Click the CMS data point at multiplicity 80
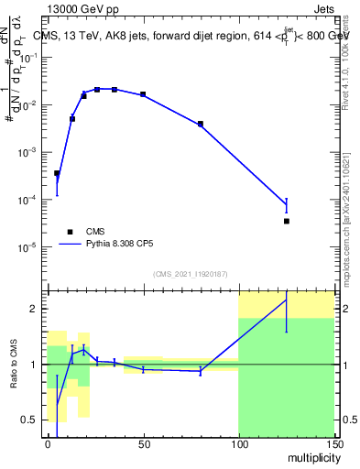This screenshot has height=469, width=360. [x=201, y=124]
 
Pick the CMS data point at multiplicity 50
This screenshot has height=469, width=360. [x=143, y=94]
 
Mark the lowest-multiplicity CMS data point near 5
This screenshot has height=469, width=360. [x=57, y=173]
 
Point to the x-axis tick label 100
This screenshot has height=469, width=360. [x=238, y=444]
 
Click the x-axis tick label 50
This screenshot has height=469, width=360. [x=143, y=444]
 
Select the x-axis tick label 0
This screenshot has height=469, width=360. [x=48, y=444]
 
